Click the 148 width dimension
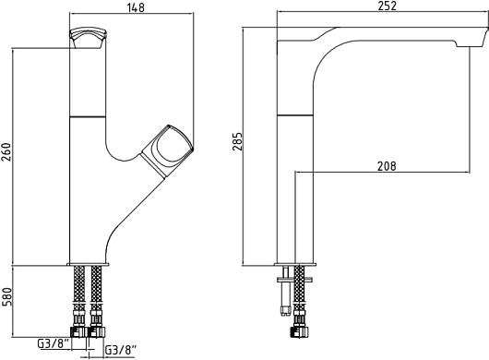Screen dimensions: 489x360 136,7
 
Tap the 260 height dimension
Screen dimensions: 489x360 6,152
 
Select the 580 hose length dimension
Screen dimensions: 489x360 6,296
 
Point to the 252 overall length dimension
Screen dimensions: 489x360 387,6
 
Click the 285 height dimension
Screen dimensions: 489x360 237,141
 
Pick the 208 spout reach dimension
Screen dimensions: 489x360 387,166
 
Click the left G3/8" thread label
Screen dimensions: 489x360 53,343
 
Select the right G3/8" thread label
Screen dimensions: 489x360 121,350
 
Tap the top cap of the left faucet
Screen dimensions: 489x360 88,38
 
